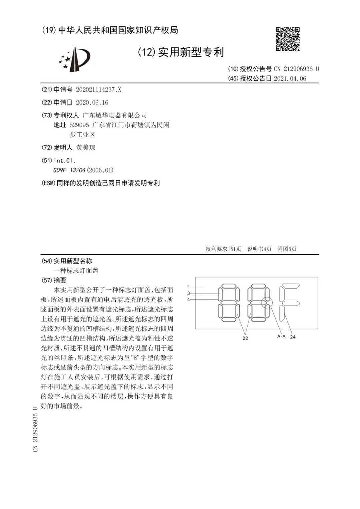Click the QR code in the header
pos(288,39)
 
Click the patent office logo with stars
pos(75,59)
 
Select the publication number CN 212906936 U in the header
pos(296,69)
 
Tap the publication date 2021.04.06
pos(290,79)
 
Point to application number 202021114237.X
pos(98,90)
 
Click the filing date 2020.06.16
pos(92,103)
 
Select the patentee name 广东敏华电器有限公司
pos(115,115)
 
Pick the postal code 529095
pos(79,125)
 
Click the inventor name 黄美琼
pos(86,147)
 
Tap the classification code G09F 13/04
pos(69,170)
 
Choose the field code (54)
pos(47,261)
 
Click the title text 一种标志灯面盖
pos(76,271)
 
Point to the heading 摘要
pos(60,280)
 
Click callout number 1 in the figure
pos(189,287)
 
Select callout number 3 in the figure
pos(189,293)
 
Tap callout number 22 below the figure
pos(245,338)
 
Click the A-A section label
pos(281,336)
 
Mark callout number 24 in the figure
pos(293,337)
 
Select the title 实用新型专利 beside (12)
pos(191,52)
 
